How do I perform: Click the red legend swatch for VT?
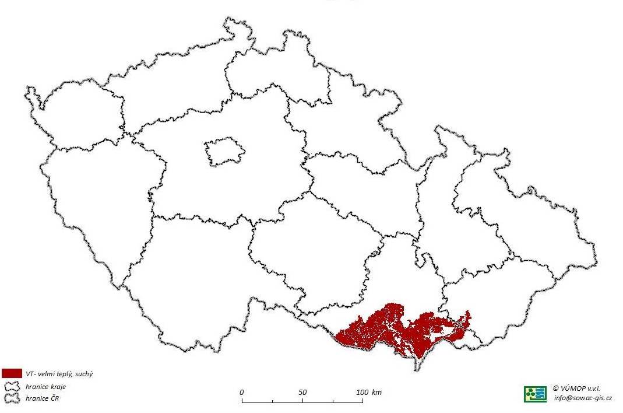click(x=12, y=373)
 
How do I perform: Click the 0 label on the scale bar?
click(x=242, y=392)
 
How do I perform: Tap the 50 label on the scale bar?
click(x=302, y=392)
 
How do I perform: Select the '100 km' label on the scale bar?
click(x=369, y=392)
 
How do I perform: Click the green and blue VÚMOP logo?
click(x=534, y=394)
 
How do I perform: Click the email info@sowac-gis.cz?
click(x=582, y=398)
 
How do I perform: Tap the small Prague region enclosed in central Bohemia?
click(x=224, y=152)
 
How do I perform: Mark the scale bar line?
click(x=303, y=402)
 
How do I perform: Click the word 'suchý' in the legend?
click(x=83, y=373)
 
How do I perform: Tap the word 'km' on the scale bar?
click(x=376, y=392)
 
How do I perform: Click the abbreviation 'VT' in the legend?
click(x=29, y=373)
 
